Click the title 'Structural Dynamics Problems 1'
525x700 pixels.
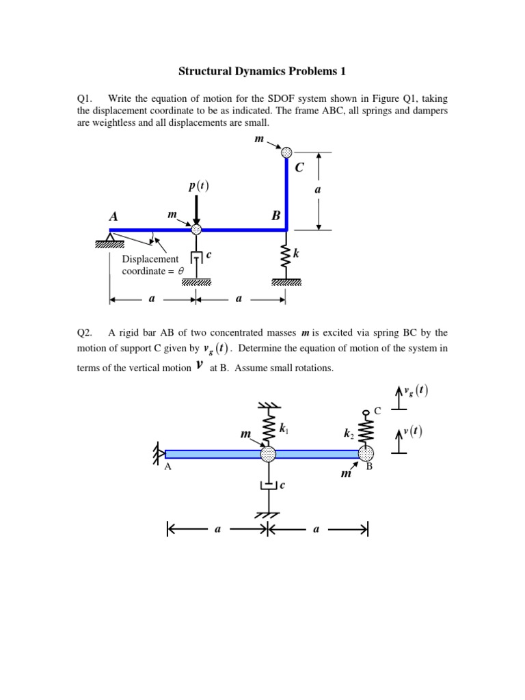click(x=262, y=71)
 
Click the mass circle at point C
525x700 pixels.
click(x=286, y=152)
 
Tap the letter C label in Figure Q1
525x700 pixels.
click(x=299, y=167)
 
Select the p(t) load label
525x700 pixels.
click(x=198, y=186)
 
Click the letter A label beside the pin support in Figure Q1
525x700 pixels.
click(x=113, y=216)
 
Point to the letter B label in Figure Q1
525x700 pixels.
click(x=276, y=216)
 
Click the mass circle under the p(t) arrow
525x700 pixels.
click(x=197, y=230)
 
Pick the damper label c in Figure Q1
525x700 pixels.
click(x=208, y=254)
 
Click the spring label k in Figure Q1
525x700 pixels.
click(x=296, y=254)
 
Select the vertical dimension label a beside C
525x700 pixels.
click(x=317, y=191)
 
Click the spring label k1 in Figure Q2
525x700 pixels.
click(x=283, y=429)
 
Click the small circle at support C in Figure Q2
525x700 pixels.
click(x=366, y=412)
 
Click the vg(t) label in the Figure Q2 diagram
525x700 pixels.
click(x=416, y=391)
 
